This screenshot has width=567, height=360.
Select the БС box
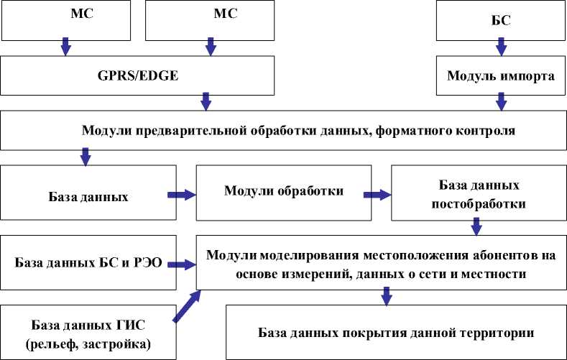[x=502, y=21]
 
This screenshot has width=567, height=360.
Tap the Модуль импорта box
[x=502, y=75]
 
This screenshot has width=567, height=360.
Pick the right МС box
[x=211, y=20]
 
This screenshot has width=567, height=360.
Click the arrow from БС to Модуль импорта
[x=502, y=47]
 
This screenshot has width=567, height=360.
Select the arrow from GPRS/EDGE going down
[x=207, y=101]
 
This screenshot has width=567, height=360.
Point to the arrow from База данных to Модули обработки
[x=182, y=194]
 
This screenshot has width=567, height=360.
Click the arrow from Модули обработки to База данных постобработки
[x=377, y=194]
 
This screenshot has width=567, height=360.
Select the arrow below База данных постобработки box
[x=476, y=227]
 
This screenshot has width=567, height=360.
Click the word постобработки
[x=478, y=203]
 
